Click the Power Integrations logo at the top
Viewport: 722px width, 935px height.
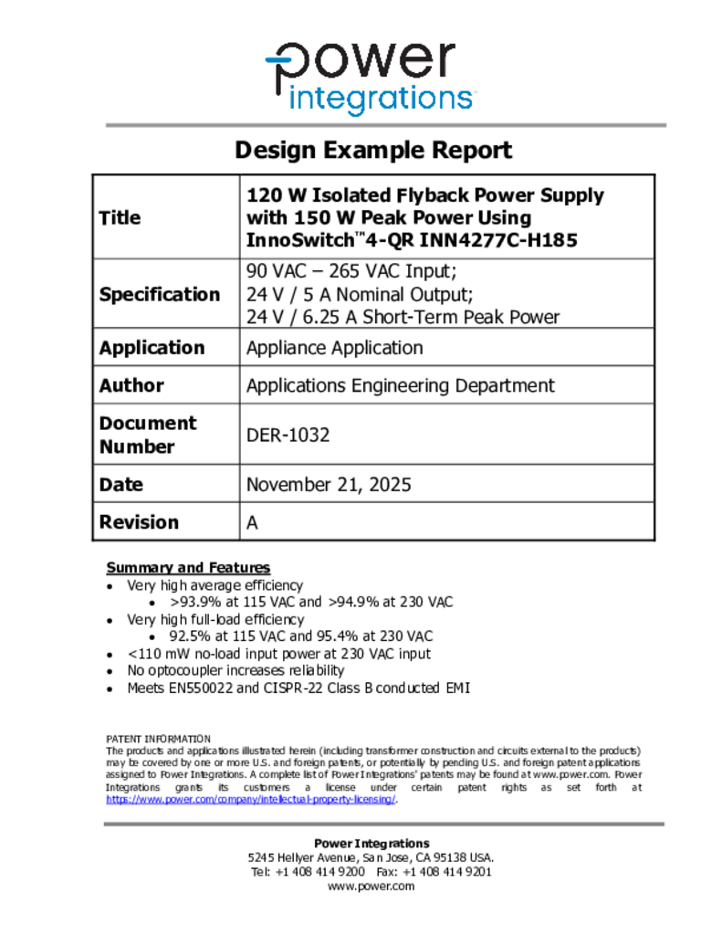point(369,78)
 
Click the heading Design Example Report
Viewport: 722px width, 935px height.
point(373,151)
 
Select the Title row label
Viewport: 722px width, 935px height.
point(120,217)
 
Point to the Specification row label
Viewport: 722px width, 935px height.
point(159,294)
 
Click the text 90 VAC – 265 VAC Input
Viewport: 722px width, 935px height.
point(350,271)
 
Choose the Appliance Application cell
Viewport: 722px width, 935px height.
point(334,348)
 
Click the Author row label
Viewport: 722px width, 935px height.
point(131,385)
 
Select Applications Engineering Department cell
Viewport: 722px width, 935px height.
point(400,385)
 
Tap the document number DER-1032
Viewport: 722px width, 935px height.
point(288,435)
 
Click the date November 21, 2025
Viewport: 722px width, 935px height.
point(329,485)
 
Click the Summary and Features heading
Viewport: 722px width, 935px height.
point(188,568)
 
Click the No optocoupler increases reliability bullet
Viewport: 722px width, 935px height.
point(235,671)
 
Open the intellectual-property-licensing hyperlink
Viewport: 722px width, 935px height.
point(251,799)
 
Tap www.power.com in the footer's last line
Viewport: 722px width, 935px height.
point(371,886)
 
